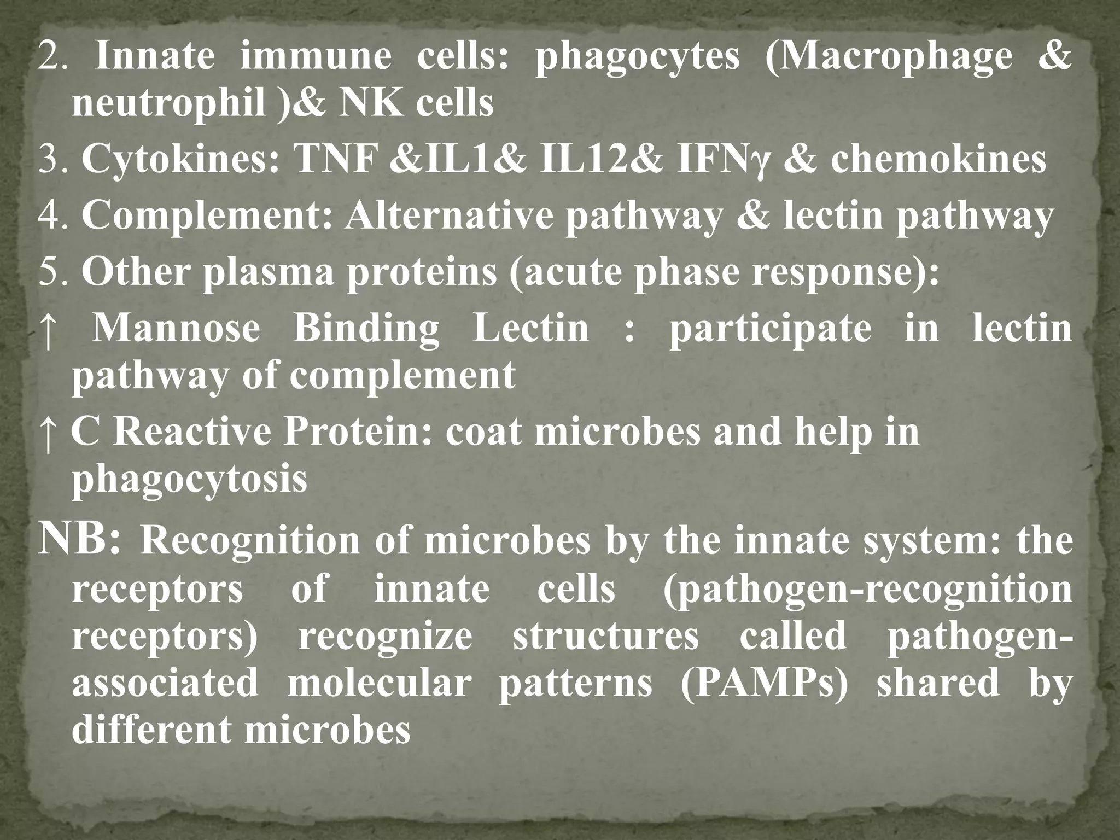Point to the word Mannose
pyautogui.click(x=176, y=329)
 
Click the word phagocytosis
pyautogui.click(x=189, y=480)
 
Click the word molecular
pyautogui.click(x=379, y=684)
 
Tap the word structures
pyautogui.click(x=605, y=637)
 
